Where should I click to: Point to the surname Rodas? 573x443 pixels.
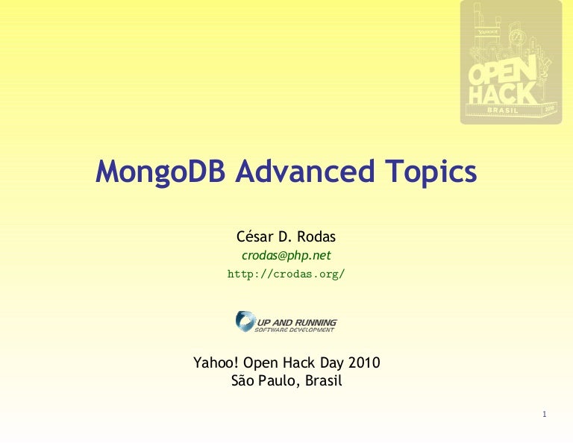[x=316, y=237]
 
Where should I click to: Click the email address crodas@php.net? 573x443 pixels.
[x=286, y=255]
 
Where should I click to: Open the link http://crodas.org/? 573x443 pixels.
[x=286, y=274]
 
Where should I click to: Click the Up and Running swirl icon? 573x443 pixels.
[x=245, y=321]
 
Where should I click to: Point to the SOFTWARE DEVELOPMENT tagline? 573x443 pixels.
[x=295, y=330]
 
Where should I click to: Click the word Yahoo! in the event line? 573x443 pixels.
[x=216, y=363]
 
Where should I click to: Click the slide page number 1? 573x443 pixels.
[x=545, y=415]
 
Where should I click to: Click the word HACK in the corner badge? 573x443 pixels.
[x=503, y=94]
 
